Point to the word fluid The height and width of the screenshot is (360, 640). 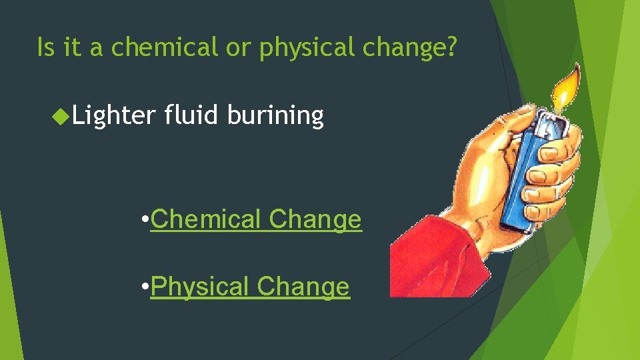point(191,115)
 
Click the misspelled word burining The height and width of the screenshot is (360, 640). point(275,115)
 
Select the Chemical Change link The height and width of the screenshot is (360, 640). point(256,219)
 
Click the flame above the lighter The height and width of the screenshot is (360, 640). point(563,90)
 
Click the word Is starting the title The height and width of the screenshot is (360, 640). point(45,47)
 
